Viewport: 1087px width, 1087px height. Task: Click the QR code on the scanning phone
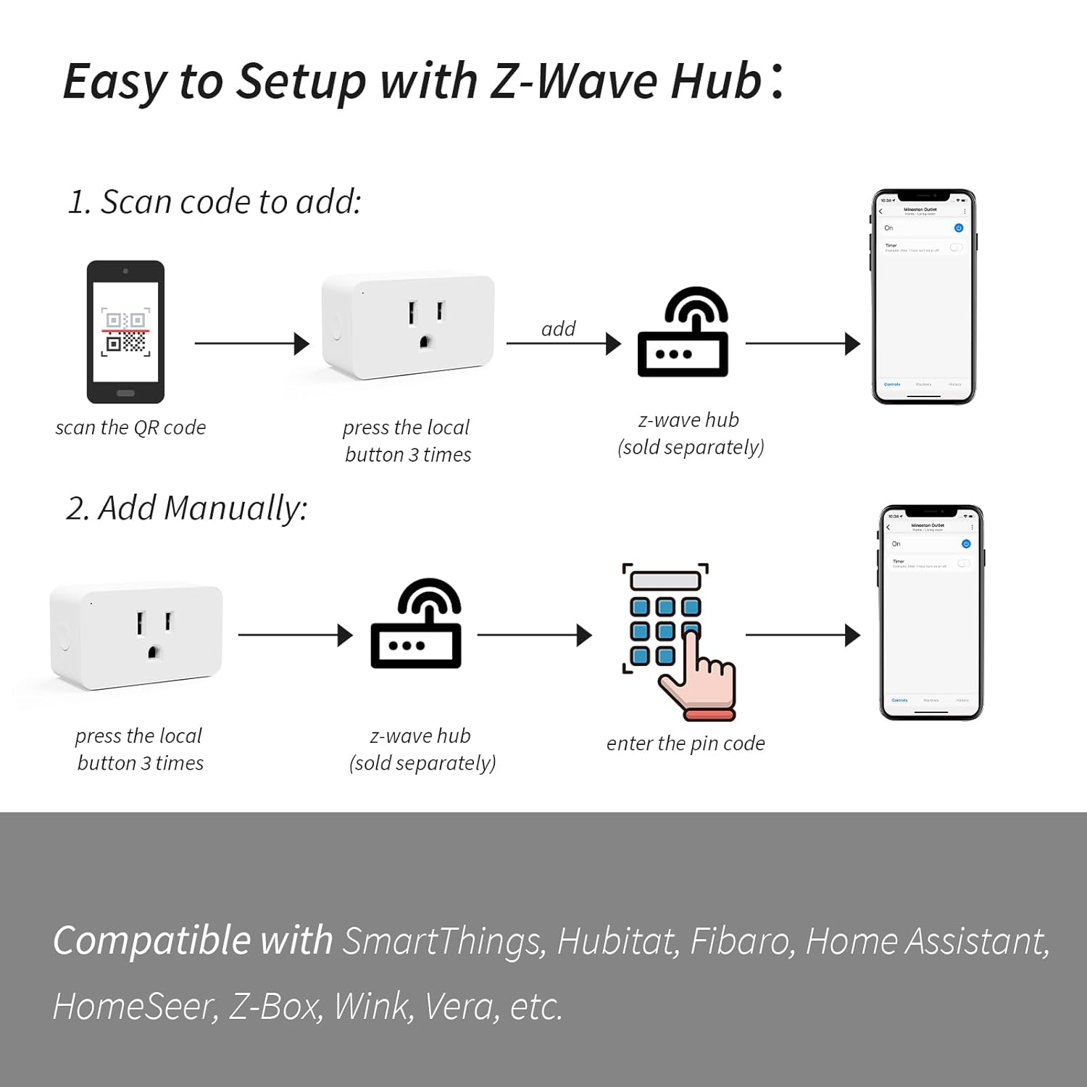click(125, 332)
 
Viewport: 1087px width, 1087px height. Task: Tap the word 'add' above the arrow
click(558, 329)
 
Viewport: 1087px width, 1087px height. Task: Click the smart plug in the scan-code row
click(409, 325)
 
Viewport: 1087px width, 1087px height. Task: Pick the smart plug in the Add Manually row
click(136, 636)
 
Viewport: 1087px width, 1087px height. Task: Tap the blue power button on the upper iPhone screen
click(958, 228)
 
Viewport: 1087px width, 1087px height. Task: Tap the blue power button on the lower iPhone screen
click(965, 543)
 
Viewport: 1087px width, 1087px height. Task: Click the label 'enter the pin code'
click(686, 744)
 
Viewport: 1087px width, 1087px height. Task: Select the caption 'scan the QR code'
click(130, 428)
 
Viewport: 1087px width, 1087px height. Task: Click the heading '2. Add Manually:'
click(187, 508)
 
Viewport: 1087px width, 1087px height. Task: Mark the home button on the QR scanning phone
click(125, 393)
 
